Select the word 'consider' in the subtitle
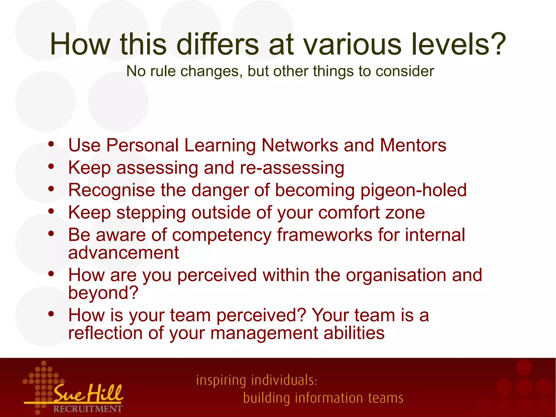405,71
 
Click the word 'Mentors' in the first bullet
413,145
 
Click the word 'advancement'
124,253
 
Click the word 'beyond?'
103,293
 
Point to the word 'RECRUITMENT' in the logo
88,409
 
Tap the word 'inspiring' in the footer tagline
221,381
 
